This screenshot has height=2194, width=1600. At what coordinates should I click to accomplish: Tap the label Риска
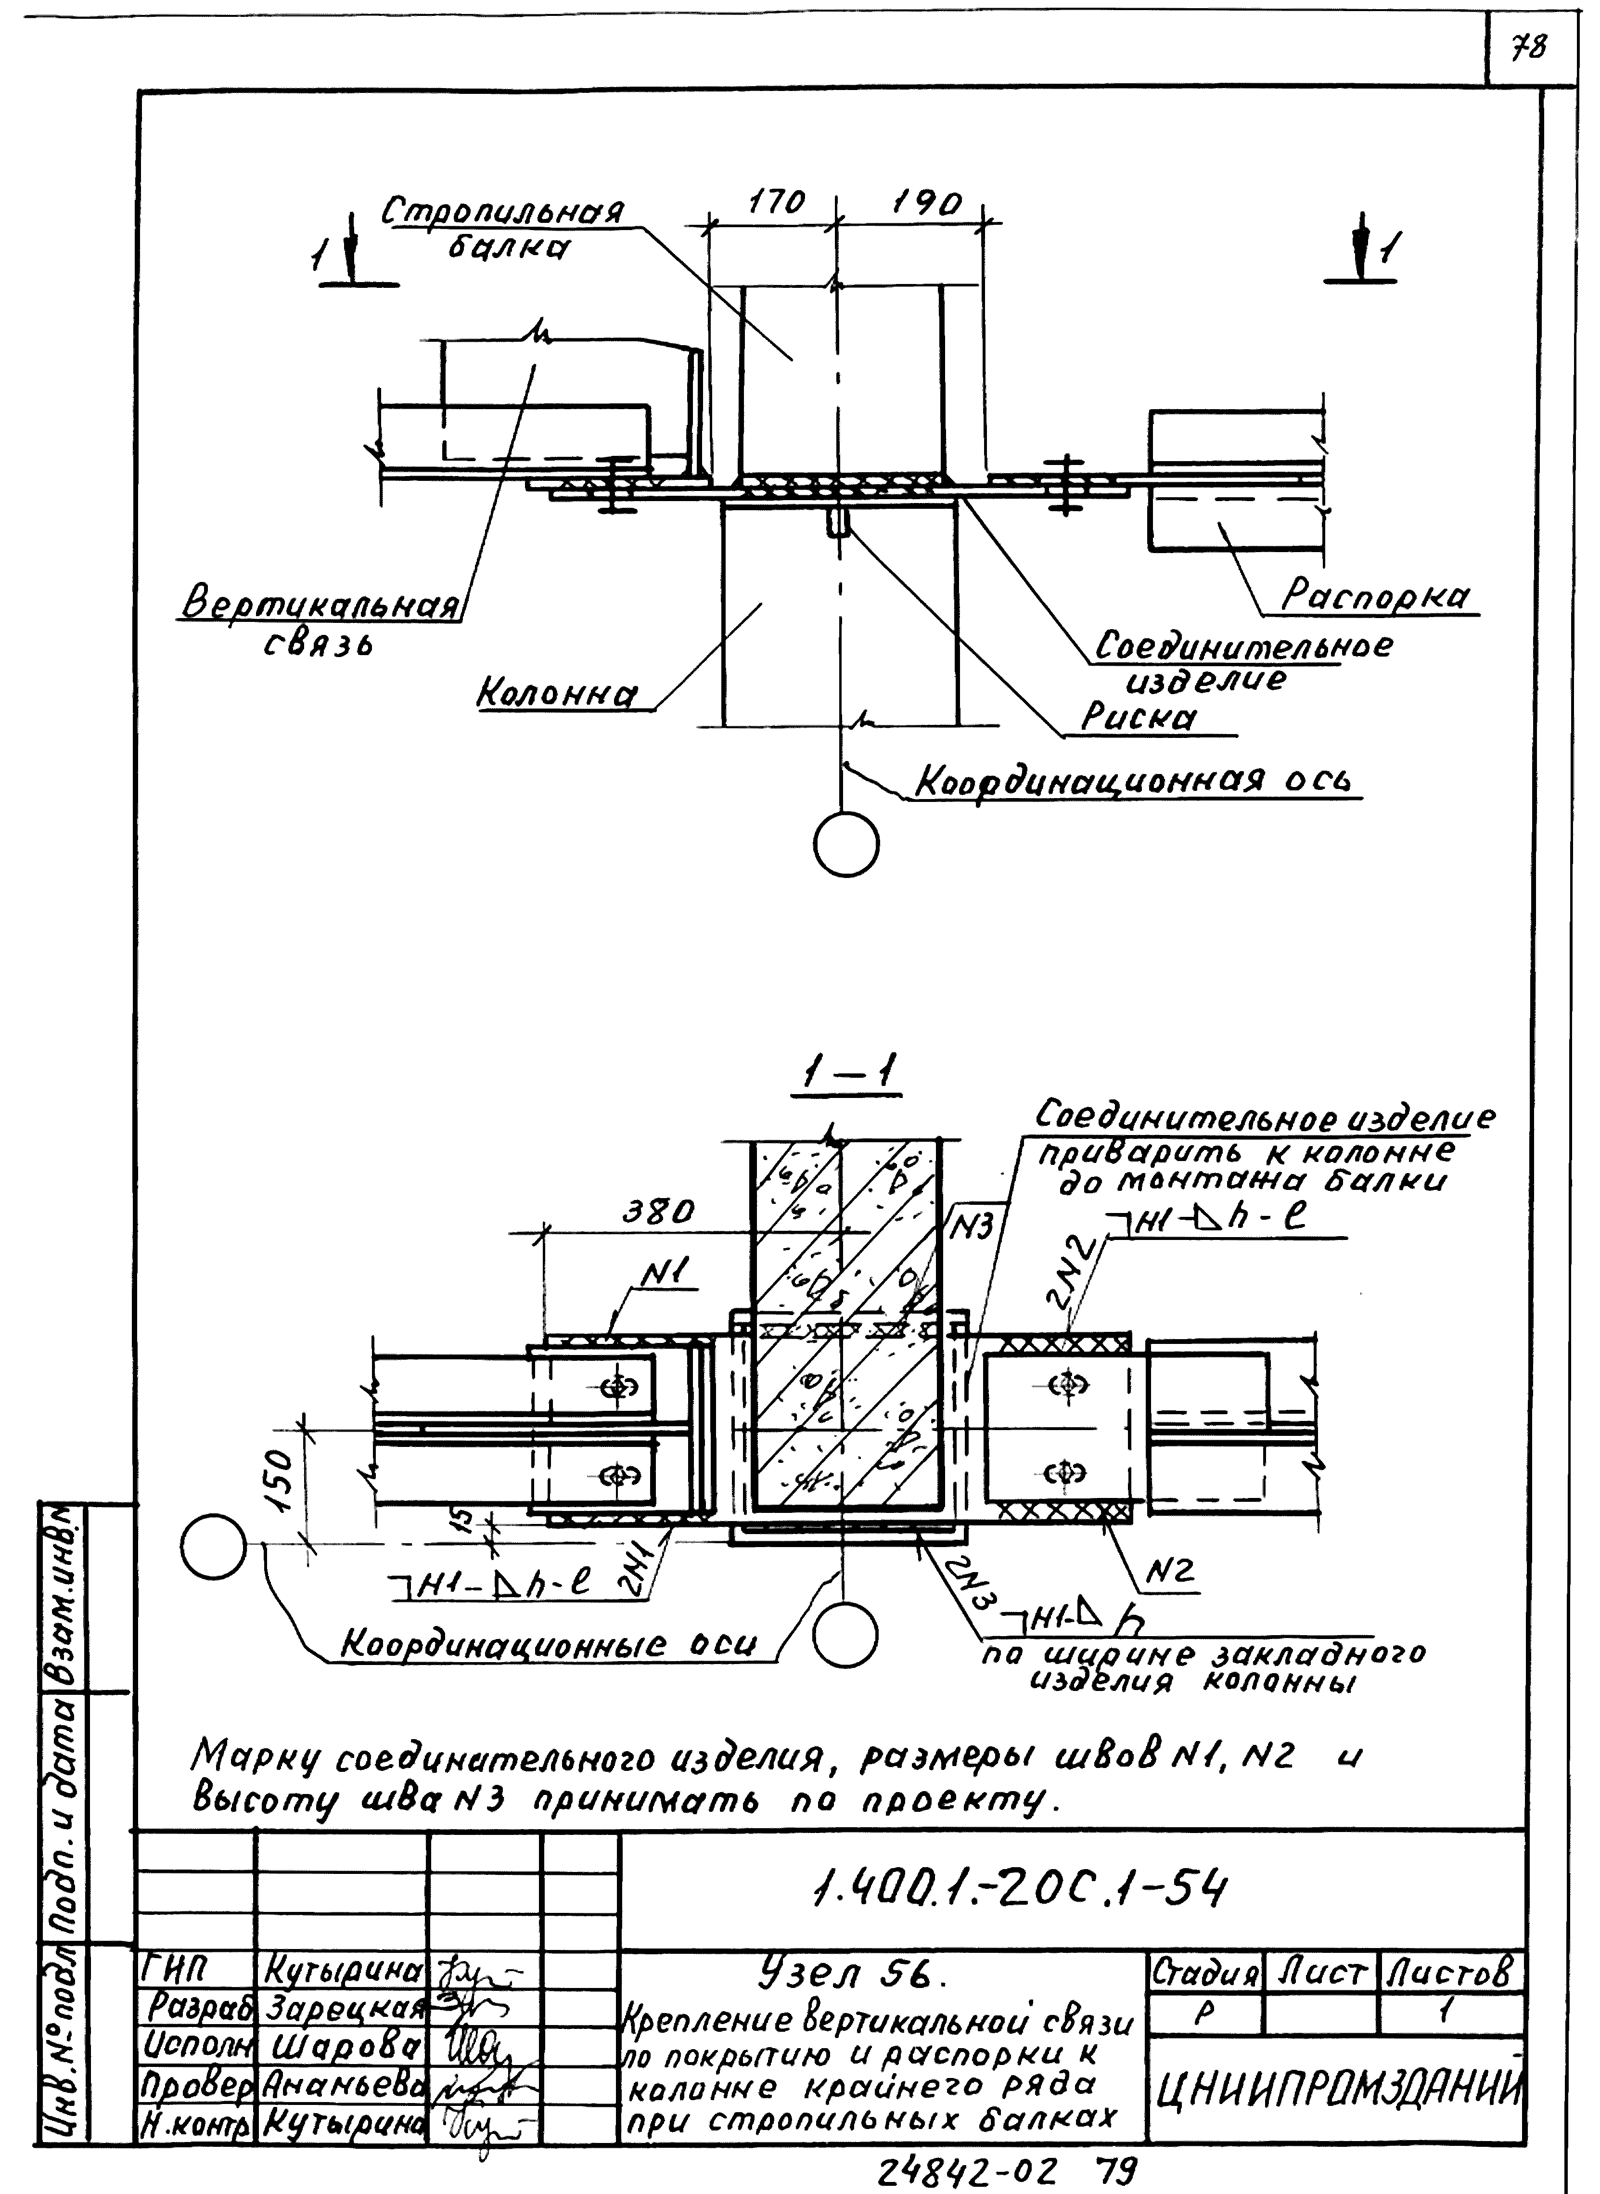point(1138,718)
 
